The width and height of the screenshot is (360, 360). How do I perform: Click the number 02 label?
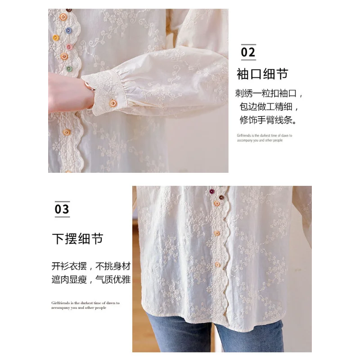pyautogui.click(x=248, y=52)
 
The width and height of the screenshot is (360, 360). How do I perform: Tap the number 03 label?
pyautogui.click(x=62, y=209)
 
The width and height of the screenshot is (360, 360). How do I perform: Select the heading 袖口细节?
pyautogui.click(x=262, y=73)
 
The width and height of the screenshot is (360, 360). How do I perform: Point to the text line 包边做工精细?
pyautogui.click(x=267, y=108)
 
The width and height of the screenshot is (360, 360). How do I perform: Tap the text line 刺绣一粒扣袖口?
pyautogui.click(x=269, y=94)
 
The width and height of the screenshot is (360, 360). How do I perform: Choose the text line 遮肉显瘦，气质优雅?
pyautogui.click(x=91, y=280)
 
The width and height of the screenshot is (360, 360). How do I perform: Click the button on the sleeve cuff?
pyautogui.click(x=112, y=103)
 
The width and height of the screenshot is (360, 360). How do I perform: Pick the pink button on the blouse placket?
pyautogui.click(x=69, y=47)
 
